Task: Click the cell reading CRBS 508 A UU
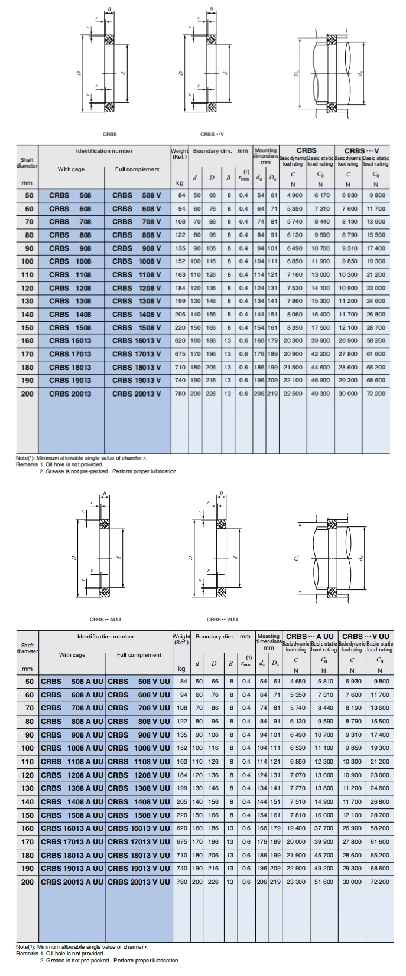pyautogui.click(x=72, y=680)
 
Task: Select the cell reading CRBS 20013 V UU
pyautogui.click(x=139, y=882)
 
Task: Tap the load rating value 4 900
pyautogui.click(x=294, y=195)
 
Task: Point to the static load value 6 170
pyautogui.click(x=321, y=195)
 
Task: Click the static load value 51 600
pyautogui.click(x=324, y=882)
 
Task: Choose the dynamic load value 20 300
pyautogui.click(x=293, y=340)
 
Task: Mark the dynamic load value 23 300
pyautogui.click(x=296, y=882)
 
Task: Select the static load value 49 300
pyautogui.click(x=321, y=394)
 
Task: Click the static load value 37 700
pyautogui.click(x=324, y=828)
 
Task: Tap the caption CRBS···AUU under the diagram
pyautogui.click(x=105, y=620)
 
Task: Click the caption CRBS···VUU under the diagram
pyautogui.click(x=222, y=620)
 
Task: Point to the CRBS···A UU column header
pyautogui.click(x=310, y=636)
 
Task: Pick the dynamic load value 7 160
pyautogui.click(x=294, y=274)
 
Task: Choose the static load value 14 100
pyautogui.click(x=321, y=288)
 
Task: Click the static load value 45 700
pyautogui.click(x=324, y=855)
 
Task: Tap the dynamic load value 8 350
pyautogui.click(x=294, y=327)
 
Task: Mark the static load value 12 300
pyautogui.click(x=324, y=761)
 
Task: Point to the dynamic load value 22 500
pyautogui.click(x=293, y=394)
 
